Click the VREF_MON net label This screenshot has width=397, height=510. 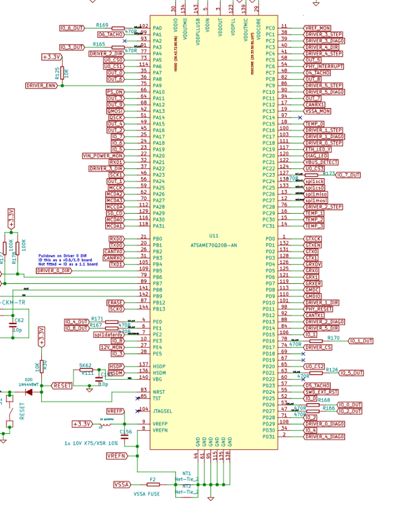[317, 28]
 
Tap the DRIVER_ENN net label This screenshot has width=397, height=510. [42, 86]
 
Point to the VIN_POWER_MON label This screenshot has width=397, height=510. [103, 156]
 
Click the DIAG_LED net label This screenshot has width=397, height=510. [315, 156]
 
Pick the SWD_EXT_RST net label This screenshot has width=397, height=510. [321, 393]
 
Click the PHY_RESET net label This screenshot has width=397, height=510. [317, 309]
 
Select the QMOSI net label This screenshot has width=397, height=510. [115, 111]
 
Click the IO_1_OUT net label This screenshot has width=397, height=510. [360, 341]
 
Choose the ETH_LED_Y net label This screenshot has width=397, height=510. [318, 149]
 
